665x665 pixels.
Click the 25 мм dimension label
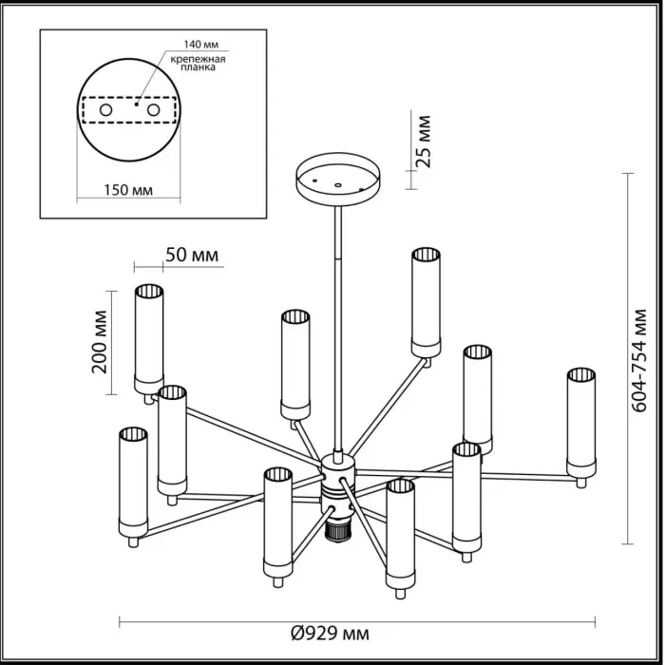(424, 141)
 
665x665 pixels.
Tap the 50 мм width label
(192, 255)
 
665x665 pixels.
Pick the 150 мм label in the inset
(127, 189)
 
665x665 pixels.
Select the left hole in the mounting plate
(106, 110)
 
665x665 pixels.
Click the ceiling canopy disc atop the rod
(337, 177)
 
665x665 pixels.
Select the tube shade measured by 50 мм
(149, 337)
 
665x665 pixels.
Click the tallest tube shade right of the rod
(426, 302)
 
